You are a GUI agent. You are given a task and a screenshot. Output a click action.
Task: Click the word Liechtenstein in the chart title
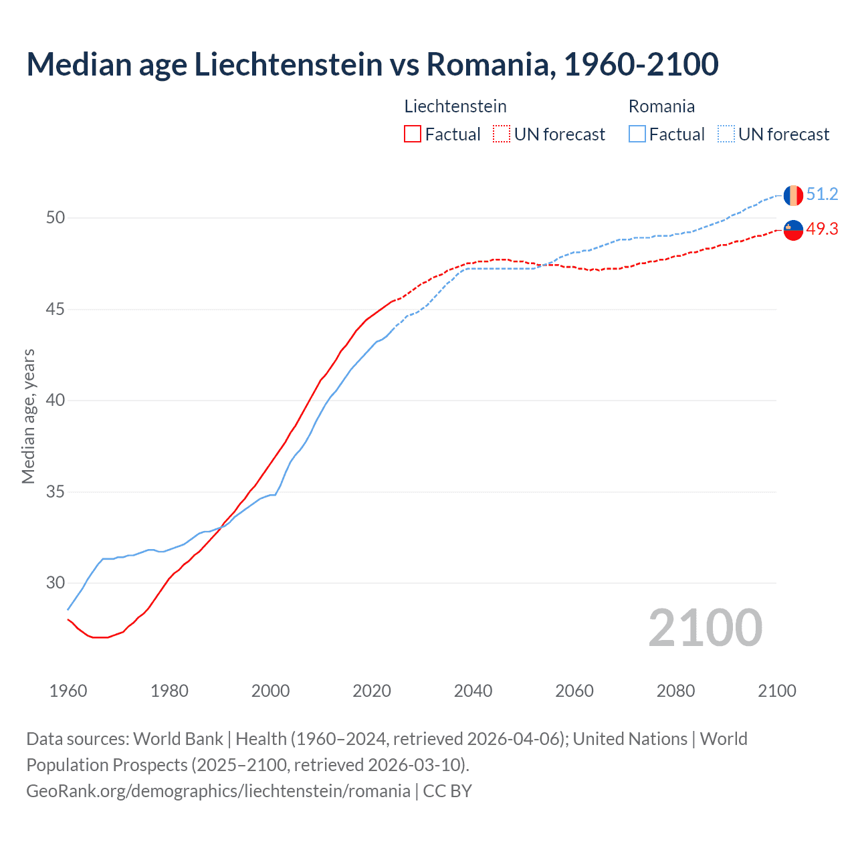(x=288, y=65)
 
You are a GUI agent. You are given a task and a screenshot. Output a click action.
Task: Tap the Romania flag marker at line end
(x=793, y=195)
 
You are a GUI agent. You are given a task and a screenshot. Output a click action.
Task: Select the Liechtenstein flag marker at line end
(x=793, y=230)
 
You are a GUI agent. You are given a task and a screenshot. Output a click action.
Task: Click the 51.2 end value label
(x=822, y=195)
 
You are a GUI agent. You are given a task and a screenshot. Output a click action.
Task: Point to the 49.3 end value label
(x=822, y=229)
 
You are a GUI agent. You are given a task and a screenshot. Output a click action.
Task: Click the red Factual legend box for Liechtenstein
(x=413, y=134)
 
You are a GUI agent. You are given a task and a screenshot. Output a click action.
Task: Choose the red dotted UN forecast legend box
(x=502, y=134)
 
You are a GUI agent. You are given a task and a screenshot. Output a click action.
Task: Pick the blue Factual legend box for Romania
(x=637, y=134)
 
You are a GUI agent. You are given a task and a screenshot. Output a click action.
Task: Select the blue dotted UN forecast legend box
(x=726, y=134)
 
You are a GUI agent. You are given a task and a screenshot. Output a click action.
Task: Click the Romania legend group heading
(x=661, y=106)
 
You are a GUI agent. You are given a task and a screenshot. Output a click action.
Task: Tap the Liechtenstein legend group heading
(x=455, y=106)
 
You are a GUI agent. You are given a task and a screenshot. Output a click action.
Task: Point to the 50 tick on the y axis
(x=56, y=218)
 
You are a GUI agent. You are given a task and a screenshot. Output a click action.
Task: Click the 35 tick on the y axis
(x=56, y=492)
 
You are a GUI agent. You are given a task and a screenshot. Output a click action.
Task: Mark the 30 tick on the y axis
(x=56, y=583)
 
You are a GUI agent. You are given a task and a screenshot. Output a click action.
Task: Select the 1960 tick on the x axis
(x=68, y=691)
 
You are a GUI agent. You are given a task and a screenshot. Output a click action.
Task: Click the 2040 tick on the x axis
(x=473, y=691)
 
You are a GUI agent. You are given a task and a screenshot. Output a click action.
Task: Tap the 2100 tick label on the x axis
(x=776, y=691)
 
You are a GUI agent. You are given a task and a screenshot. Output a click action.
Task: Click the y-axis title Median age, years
(x=28, y=416)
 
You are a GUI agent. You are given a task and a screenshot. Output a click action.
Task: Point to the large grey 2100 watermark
(x=705, y=628)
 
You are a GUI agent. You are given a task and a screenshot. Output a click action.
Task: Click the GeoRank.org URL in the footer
(x=218, y=791)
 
